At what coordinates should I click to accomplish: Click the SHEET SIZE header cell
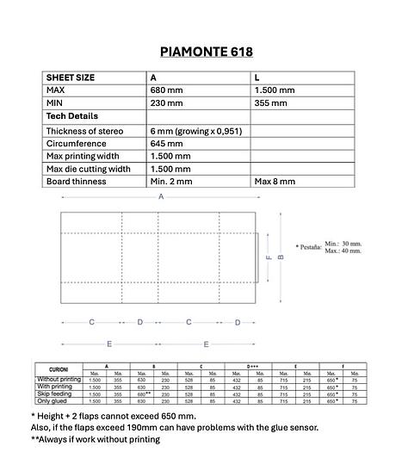71,77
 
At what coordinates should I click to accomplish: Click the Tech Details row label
71,116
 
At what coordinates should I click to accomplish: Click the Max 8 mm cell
275,183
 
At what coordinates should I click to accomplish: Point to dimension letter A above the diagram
159,197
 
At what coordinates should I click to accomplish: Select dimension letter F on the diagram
269,257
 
